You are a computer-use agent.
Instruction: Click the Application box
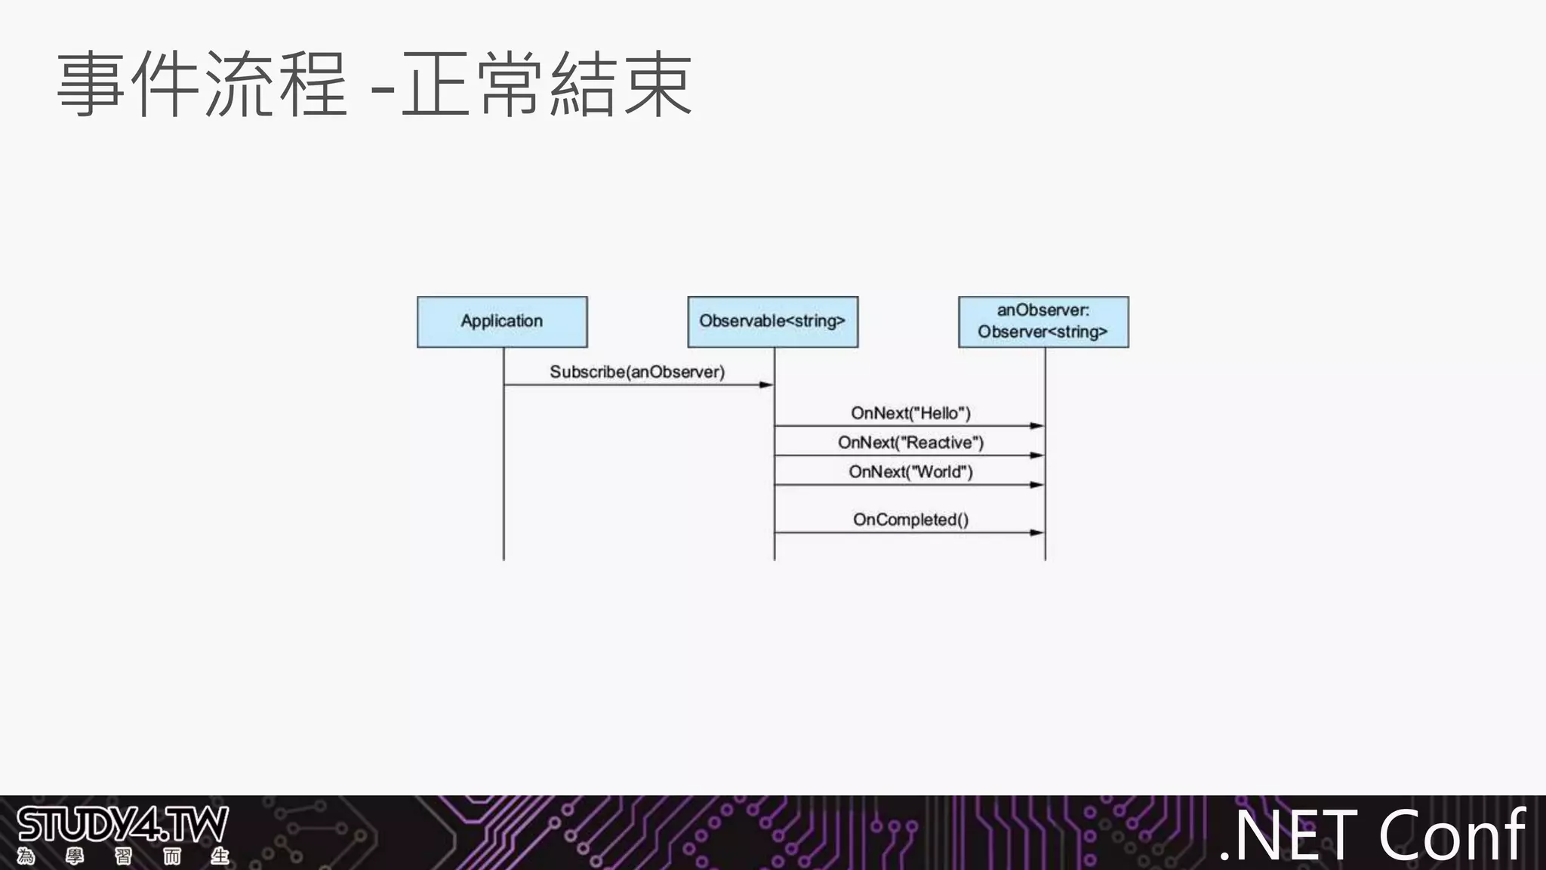point(502,322)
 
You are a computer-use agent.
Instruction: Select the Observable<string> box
point(772,322)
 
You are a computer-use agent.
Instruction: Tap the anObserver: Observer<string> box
point(1043,322)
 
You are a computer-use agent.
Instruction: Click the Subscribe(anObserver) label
point(637,372)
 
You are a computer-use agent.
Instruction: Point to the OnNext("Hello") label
point(910,413)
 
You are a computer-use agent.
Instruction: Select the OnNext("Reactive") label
point(910,443)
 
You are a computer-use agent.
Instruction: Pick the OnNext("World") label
point(910,472)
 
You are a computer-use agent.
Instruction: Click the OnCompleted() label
point(910,520)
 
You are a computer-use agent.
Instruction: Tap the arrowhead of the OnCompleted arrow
point(1037,532)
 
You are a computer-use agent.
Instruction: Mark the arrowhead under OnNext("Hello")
point(1037,426)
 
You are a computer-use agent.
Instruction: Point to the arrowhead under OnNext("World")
point(1037,485)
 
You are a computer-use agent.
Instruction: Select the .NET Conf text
point(1372,835)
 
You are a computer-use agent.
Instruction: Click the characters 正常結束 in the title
point(547,84)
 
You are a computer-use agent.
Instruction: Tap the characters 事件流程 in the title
point(202,84)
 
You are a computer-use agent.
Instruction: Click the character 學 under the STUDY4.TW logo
point(75,856)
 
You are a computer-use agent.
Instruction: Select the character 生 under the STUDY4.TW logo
point(220,856)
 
